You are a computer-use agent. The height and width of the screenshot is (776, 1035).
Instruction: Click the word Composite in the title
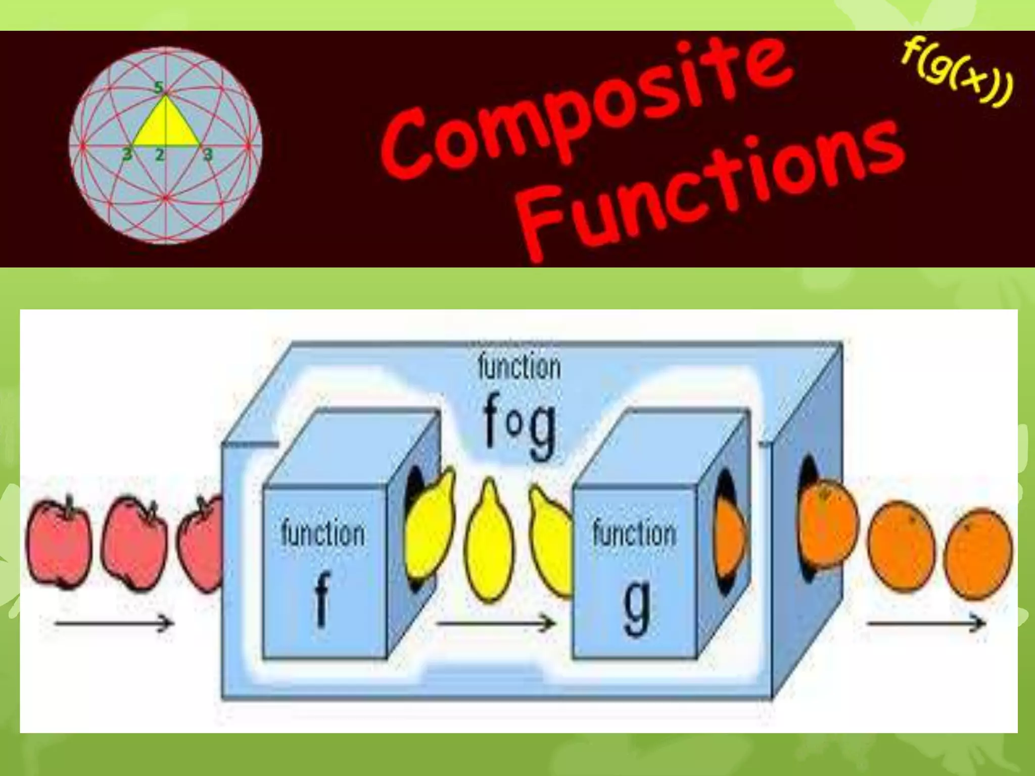click(586, 109)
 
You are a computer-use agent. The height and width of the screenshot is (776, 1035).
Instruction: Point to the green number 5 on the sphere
click(159, 87)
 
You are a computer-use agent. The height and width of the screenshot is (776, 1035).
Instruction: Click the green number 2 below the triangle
click(160, 155)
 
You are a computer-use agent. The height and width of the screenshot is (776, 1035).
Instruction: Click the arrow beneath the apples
click(114, 623)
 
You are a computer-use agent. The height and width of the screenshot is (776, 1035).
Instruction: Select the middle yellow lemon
click(489, 543)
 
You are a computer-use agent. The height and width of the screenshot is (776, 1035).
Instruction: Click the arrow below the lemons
click(495, 623)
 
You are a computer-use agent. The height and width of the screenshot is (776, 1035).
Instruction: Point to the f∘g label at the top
click(519, 426)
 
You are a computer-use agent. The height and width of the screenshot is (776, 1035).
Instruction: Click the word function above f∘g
click(519, 367)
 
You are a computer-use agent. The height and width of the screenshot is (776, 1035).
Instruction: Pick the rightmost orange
click(978, 553)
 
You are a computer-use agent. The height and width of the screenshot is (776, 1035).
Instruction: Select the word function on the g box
click(634, 533)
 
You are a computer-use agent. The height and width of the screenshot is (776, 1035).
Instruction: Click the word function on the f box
click(322, 533)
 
